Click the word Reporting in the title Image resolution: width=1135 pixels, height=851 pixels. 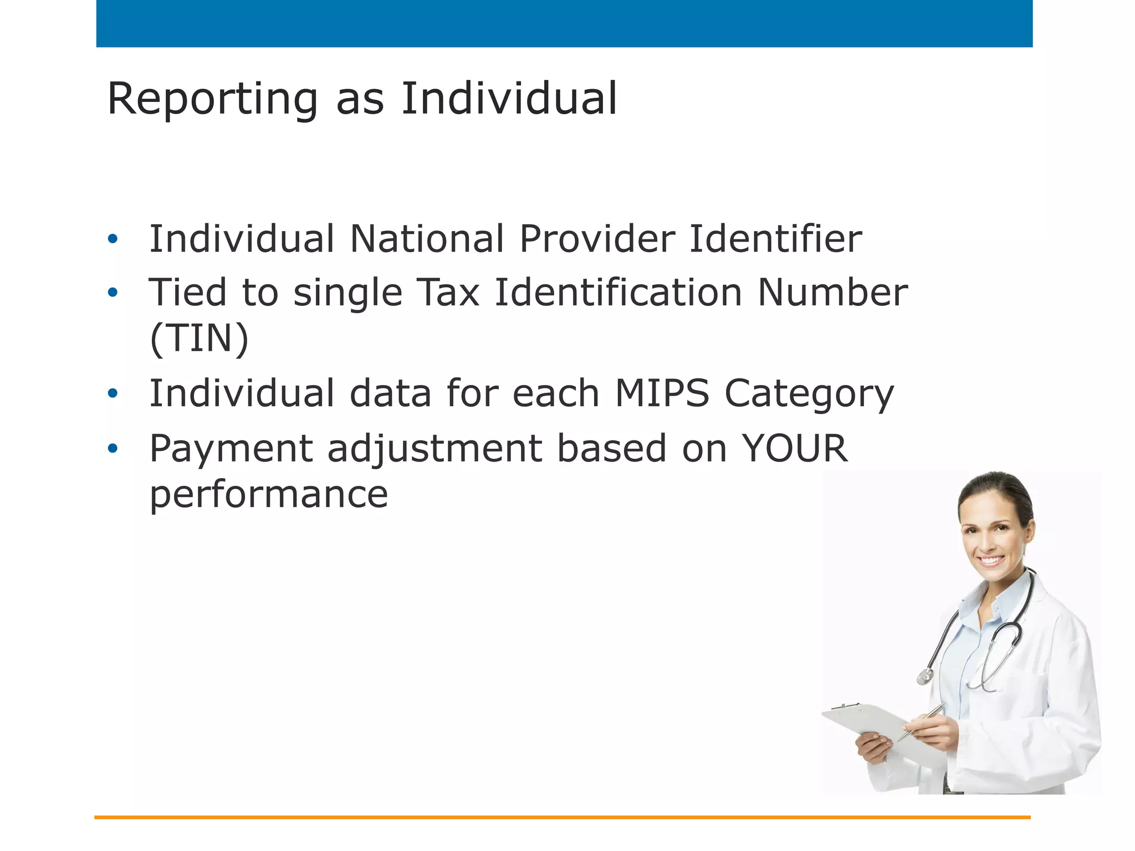212,100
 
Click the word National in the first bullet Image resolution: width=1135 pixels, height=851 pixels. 427,239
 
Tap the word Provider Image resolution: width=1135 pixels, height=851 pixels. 597,239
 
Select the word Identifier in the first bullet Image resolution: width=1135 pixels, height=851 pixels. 775,239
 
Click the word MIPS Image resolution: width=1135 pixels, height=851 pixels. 662,393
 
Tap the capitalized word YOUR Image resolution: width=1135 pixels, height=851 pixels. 794,448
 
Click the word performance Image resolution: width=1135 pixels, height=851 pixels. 269,495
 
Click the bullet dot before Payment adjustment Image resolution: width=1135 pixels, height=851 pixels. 113,448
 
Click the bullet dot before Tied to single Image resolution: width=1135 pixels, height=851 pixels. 113,293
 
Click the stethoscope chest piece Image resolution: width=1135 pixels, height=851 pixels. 924,676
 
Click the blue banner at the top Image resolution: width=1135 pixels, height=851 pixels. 564,23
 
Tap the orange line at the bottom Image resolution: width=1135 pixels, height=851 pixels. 562,817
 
